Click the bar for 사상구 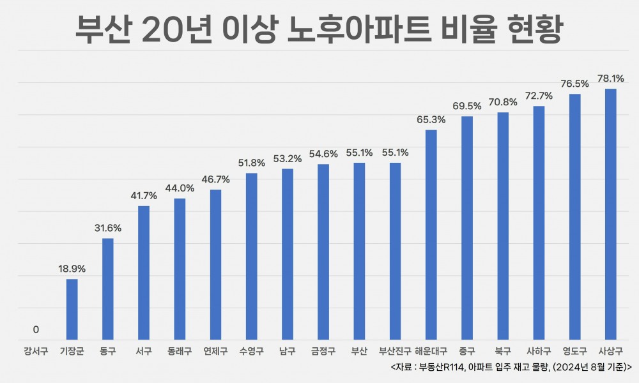[x=611, y=214]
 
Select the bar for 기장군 [x=72, y=309]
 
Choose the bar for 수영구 [x=252, y=256]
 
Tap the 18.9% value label [x=72, y=269]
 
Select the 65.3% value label [x=431, y=119]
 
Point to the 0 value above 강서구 [x=36, y=330]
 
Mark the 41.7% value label [x=144, y=196]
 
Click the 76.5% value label [x=574, y=84]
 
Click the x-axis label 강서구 [x=36, y=351]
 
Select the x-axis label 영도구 [x=574, y=351]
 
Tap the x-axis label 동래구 [x=180, y=351]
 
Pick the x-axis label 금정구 [x=323, y=351]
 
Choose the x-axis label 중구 [x=467, y=351]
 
